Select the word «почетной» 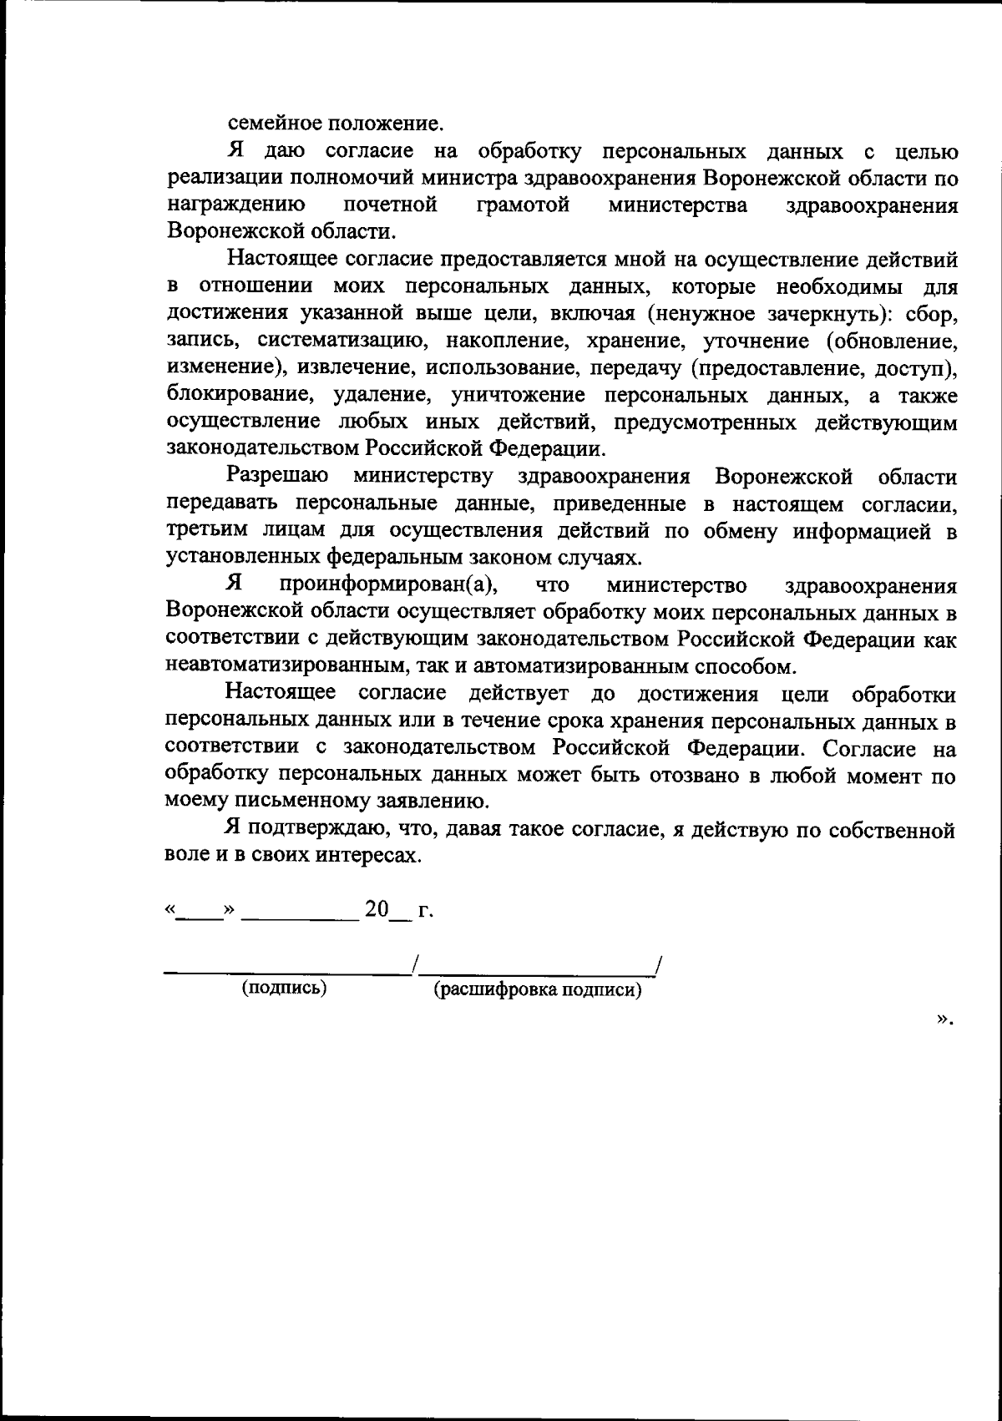point(391,205)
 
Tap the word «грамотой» point(524,205)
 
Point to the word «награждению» point(235,205)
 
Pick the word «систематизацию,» point(343,341)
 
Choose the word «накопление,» point(504,341)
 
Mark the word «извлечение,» point(357,368)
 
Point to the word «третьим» point(207,531)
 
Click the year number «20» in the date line point(377,908)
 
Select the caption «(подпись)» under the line point(284,989)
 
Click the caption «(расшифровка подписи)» point(537,990)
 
